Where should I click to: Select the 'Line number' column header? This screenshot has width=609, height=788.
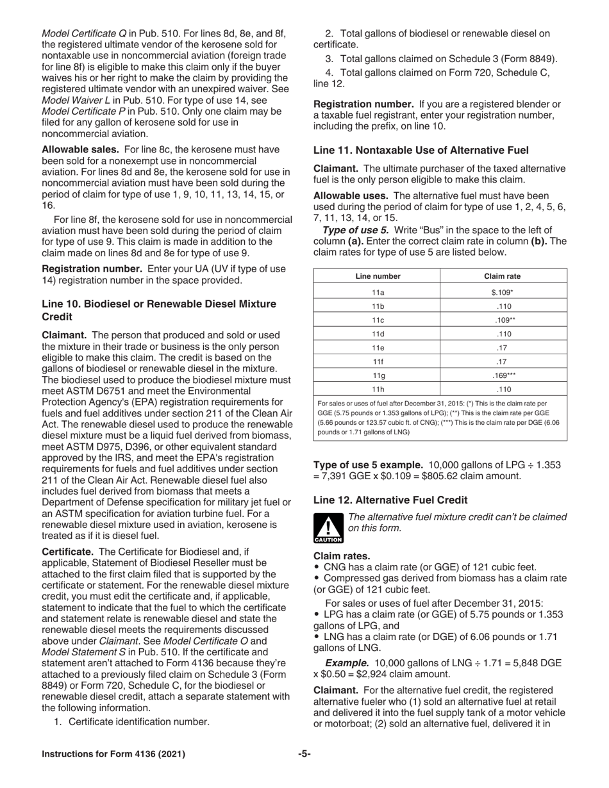[x=378, y=276]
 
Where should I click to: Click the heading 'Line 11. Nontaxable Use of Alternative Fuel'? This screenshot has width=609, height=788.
[x=421, y=151]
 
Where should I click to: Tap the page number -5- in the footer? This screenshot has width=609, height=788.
[x=304, y=754]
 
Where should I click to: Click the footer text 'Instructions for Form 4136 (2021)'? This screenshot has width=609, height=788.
[x=113, y=754]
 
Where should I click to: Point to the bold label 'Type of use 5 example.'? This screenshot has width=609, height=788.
[x=368, y=446]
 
